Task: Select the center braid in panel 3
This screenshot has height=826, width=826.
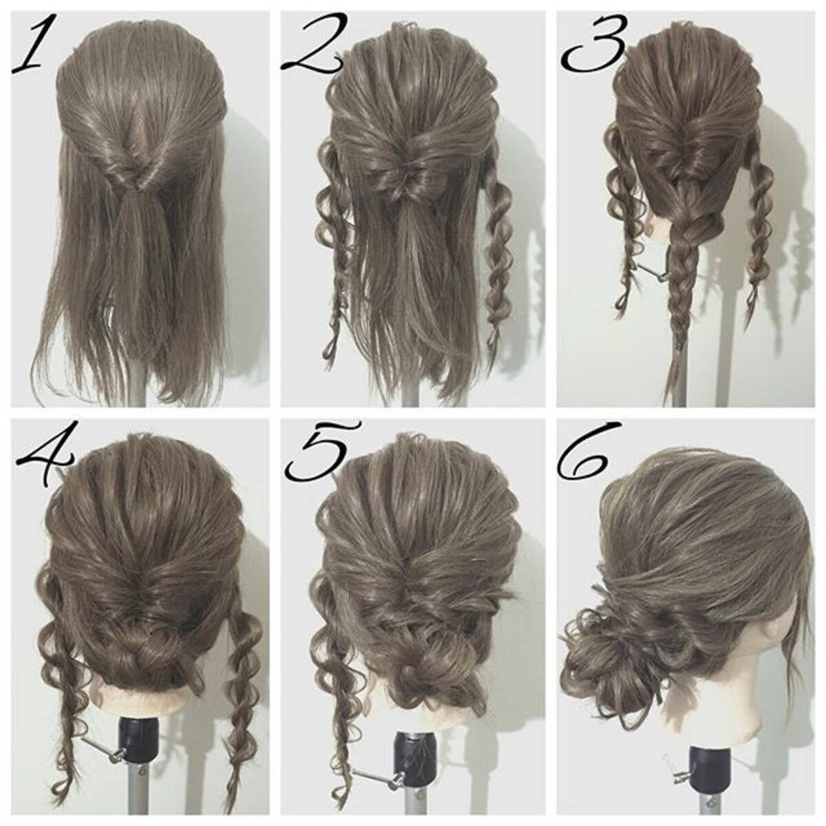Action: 684,275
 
